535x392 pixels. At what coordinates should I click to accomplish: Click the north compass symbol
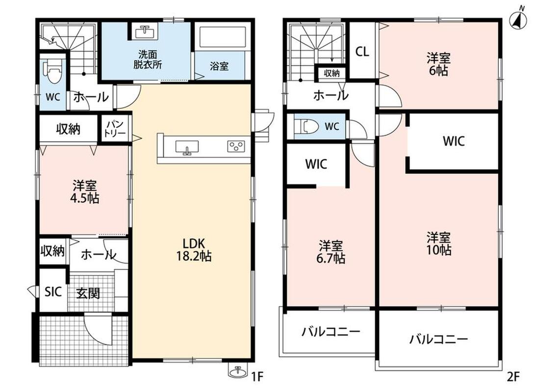[x=518, y=18]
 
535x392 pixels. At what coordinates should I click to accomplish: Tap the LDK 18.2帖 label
[x=194, y=249]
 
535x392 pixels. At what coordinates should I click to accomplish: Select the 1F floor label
[x=257, y=377]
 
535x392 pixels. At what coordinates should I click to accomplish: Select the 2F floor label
[x=513, y=377]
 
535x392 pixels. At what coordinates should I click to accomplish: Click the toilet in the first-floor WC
[x=52, y=72]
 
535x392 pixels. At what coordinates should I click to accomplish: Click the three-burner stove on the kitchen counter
[x=236, y=146]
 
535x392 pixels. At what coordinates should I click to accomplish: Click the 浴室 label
[x=219, y=66]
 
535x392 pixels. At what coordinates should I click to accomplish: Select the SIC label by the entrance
[x=53, y=292]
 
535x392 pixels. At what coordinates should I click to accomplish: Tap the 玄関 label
[x=88, y=293]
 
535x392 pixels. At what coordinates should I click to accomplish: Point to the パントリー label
[x=115, y=128]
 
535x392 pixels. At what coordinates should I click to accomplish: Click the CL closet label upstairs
[x=362, y=52]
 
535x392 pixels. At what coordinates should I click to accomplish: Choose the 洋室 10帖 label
[x=439, y=244]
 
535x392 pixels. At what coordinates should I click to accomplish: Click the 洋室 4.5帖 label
[x=85, y=192]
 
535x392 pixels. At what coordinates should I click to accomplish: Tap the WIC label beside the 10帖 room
[x=454, y=141]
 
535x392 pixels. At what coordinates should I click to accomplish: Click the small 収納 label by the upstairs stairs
[x=331, y=73]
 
